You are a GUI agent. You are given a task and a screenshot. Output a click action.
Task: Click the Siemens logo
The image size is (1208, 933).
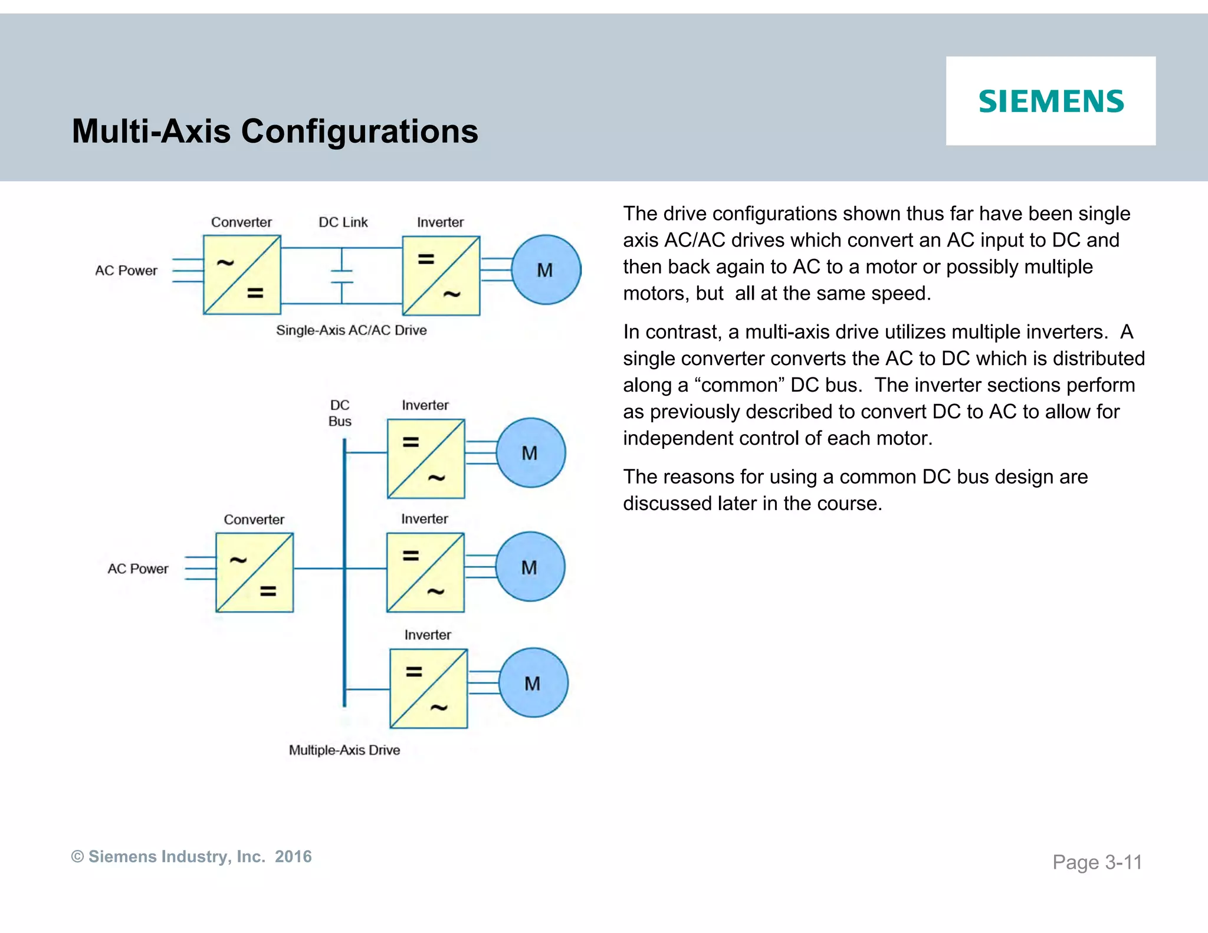click(1051, 101)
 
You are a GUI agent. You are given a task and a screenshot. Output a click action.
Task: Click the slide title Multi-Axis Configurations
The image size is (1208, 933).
click(274, 131)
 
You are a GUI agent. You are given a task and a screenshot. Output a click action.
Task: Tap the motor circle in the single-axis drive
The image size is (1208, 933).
click(546, 270)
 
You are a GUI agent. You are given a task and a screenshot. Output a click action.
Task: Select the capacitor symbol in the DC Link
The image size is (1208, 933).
click(342, 276)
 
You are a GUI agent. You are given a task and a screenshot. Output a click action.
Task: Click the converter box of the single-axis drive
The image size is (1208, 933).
click(242, 275)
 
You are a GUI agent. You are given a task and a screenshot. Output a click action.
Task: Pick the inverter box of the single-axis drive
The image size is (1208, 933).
click(441, 275)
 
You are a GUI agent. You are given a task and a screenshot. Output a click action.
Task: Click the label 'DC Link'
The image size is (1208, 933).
click(343, 222)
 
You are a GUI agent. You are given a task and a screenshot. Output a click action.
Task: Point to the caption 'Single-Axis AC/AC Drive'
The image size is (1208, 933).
click(351, 330)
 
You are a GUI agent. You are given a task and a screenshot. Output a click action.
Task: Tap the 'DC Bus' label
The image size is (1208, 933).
click(340, 413)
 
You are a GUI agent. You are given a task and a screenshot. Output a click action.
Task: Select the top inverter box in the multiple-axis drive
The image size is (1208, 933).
click(426, 459)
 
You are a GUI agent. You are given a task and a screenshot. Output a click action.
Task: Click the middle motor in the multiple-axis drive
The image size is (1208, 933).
click(530, 567)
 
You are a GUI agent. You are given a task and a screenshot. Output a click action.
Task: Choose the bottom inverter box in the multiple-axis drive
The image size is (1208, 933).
click(428, 689)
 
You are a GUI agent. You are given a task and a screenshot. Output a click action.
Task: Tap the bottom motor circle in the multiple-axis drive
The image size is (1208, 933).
click(533, 683)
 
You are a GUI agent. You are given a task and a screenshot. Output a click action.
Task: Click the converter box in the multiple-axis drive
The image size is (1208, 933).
click(254, 573)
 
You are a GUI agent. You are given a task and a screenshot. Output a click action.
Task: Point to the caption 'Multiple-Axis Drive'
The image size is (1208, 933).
click(344, 750)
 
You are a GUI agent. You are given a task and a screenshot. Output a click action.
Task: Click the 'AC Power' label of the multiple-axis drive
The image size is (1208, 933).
click(137, 569)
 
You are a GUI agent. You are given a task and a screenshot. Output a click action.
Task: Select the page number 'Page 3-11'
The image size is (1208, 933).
click(1097, 862)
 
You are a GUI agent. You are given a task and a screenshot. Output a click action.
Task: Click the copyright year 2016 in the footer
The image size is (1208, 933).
click(293, 856)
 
